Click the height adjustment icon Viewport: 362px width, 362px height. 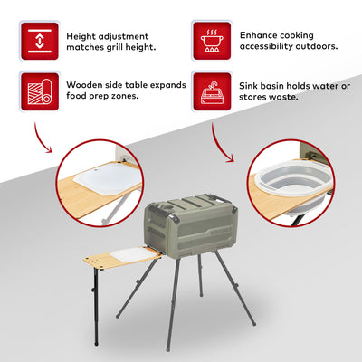(x=40, y=41)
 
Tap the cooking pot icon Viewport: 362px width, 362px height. (x=212, y=41)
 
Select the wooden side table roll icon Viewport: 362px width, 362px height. (x=40, y=91)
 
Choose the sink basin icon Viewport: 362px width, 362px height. (x=212, y=91)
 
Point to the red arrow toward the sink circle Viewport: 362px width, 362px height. (x=220, y=144)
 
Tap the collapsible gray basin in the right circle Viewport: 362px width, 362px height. (x=292, y=186)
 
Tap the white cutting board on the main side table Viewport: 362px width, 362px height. (x=130, y=254)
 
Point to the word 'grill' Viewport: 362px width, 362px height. (x=128, y=48)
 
